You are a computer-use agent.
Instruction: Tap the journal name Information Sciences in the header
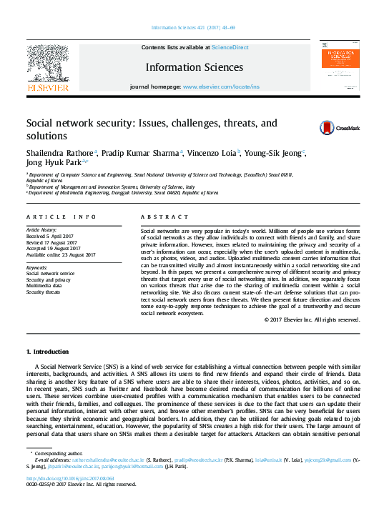194,68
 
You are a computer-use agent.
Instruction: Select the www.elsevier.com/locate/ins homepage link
221,86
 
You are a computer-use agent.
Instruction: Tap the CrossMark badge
339,129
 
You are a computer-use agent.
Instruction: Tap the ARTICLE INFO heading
61,216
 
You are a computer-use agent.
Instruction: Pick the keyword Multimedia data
45,285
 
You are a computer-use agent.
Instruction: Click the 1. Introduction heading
47,352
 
